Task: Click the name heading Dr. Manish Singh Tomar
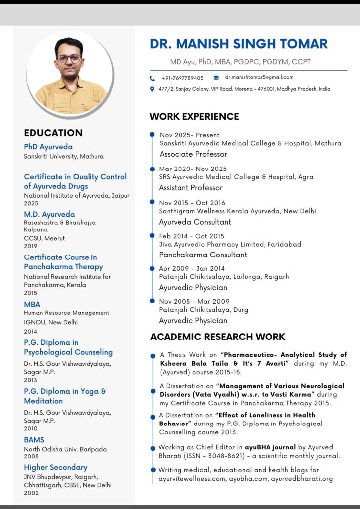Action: [x=239, y=44]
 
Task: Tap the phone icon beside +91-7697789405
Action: [x=152, y=78]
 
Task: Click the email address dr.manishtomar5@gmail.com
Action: [x=259, y=77]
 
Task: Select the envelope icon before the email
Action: [x=216, y=78]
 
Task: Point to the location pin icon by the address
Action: [x=152, y=89]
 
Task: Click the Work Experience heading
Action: [x=194, y=117]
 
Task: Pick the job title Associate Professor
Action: [x=193, y=154]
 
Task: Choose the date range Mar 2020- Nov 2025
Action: [x=193, y=169]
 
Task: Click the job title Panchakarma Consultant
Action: [x=203, y=254]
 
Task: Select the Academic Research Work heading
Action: [x=218, y=337]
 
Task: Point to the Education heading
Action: [x=53, y=133]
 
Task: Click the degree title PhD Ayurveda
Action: [x=48, y=147]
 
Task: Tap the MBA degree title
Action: [x=32, y=304]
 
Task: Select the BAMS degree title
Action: [x=34, y=440]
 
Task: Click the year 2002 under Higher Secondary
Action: [x=31, y=493]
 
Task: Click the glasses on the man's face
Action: [x=69, y=58]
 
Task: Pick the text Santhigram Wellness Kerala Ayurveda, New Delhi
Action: [x=237, y=211]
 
